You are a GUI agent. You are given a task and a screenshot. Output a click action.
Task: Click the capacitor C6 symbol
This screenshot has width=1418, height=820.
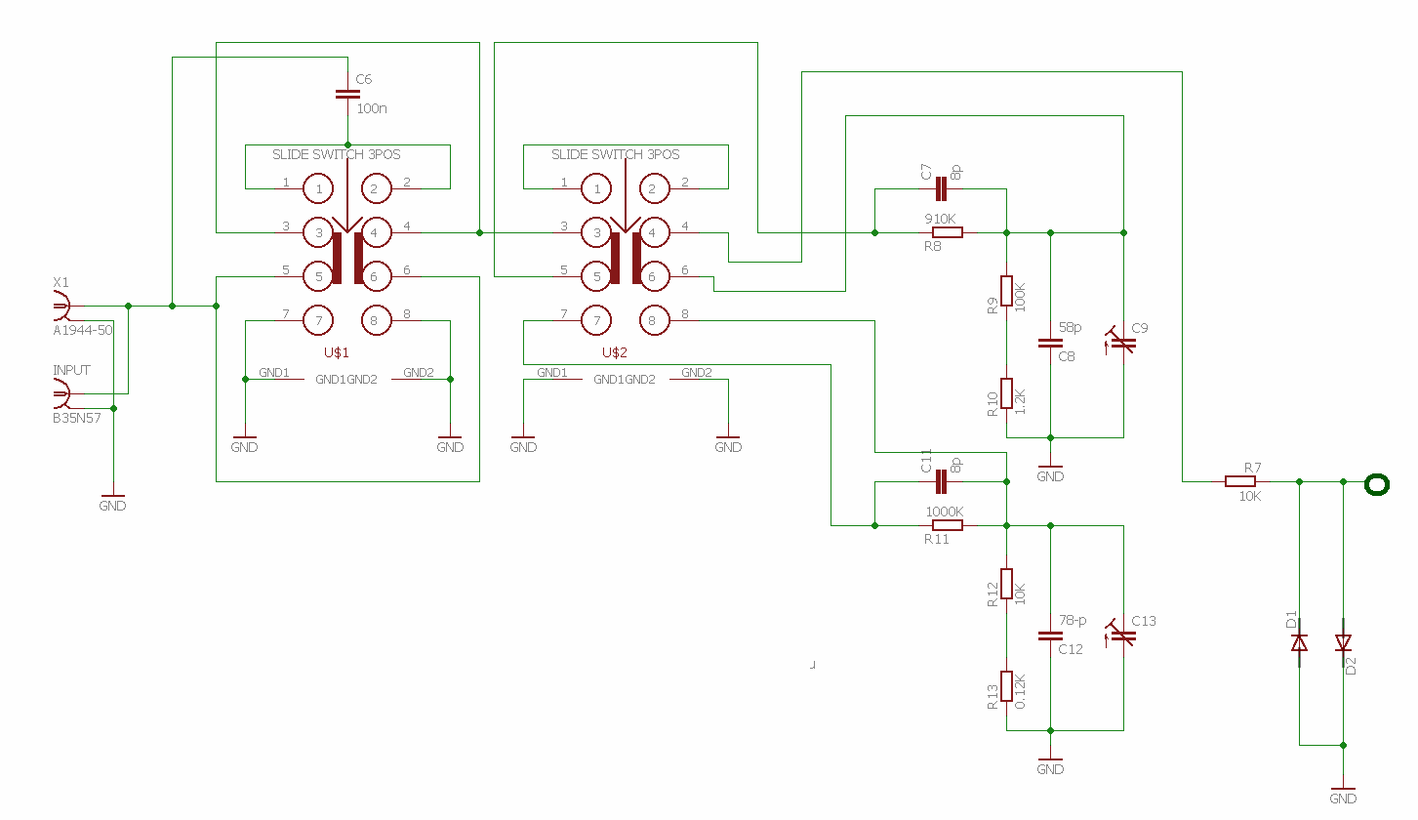[x=347, y=95]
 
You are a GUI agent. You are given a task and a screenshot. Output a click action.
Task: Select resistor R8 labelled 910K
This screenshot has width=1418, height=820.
[x=948, y=232]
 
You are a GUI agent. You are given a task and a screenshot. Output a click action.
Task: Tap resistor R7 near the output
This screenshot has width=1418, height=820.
[x=1240, y=481]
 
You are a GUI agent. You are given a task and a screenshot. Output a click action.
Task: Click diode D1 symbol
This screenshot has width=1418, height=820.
[x=1299, y=642]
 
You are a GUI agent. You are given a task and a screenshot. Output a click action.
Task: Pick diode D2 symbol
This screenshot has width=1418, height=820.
[x=1343, y=642]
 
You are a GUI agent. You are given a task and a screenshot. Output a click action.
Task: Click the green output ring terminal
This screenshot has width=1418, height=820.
[x=1377, y=484]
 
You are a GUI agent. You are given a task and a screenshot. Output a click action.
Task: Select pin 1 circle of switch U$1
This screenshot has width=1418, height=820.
[x=318, y=187]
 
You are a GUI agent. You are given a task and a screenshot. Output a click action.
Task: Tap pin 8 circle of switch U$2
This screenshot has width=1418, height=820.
[x=652, y=320]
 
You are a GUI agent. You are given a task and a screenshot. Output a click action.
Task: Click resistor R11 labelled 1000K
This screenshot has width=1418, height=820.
[x=948, y=525]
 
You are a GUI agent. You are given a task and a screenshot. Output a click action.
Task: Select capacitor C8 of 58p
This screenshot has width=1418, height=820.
[x=1050, y=343]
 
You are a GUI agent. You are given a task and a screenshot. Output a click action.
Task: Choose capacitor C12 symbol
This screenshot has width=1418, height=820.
[x=1050, y=635]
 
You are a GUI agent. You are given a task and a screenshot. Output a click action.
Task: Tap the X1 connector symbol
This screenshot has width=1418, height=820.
[x=61, y=307]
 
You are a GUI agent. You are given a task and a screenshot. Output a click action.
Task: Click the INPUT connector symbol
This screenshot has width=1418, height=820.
[x=61, y=395]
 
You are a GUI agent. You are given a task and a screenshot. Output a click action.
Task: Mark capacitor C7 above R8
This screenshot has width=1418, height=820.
[x=942, y=188]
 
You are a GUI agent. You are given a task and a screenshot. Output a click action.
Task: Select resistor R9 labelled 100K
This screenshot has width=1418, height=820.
[x=1006, y=291]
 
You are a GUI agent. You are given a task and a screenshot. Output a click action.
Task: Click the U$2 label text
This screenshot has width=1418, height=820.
[x=615, y=352]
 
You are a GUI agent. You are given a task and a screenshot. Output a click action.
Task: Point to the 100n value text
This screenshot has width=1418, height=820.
[x=372, y=108]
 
